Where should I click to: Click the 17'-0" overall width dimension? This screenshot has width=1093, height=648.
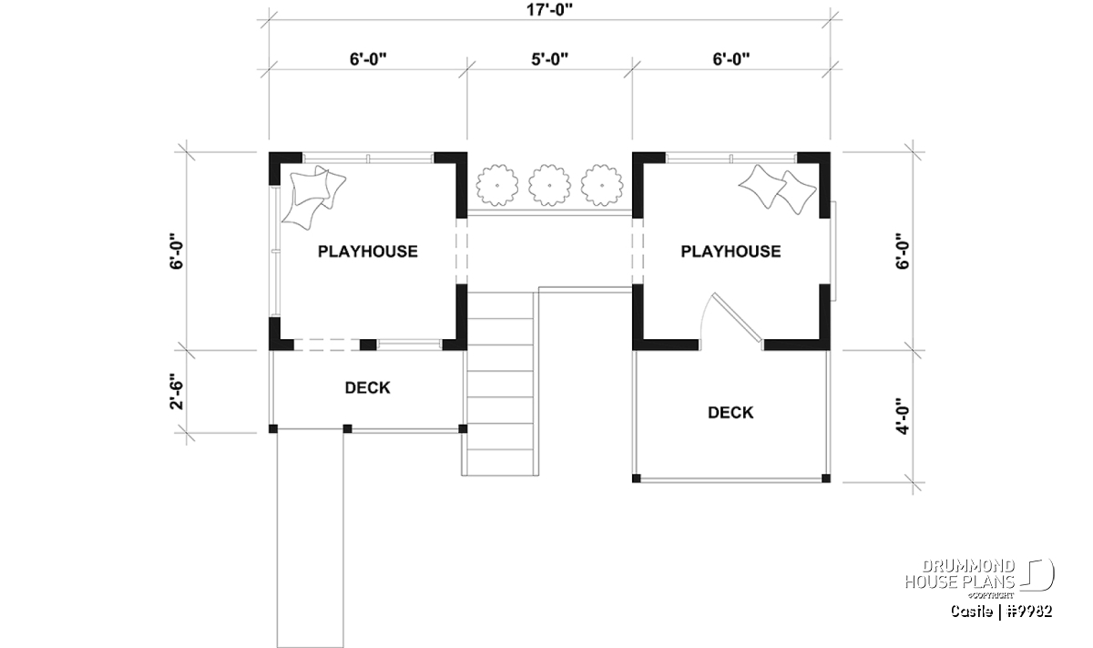point(549,9)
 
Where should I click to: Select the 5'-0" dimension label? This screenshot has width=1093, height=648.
point(550,59)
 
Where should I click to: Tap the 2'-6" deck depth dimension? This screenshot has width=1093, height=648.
point(177,392)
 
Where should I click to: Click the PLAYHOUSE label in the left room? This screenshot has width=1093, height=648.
point(368,252)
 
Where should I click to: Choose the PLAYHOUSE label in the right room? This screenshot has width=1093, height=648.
point(730,252)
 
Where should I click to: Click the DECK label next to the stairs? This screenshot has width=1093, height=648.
point(367,387)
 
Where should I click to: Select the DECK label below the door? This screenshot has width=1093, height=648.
point(730,413)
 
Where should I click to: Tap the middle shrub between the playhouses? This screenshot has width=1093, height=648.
point(549,186)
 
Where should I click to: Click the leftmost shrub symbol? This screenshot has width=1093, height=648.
point(497,186)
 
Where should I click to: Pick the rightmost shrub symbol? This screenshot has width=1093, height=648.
point(602,186)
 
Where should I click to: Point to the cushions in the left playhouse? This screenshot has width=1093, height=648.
point(312,197)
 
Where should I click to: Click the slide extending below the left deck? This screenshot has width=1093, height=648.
point(310,540)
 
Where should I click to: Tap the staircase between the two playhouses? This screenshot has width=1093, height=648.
point(500,384)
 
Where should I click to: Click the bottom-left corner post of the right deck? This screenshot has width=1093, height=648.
point(637,478)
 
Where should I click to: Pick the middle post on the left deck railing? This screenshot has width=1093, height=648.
point(347,428)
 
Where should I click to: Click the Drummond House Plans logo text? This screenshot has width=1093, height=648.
point(960,574)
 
